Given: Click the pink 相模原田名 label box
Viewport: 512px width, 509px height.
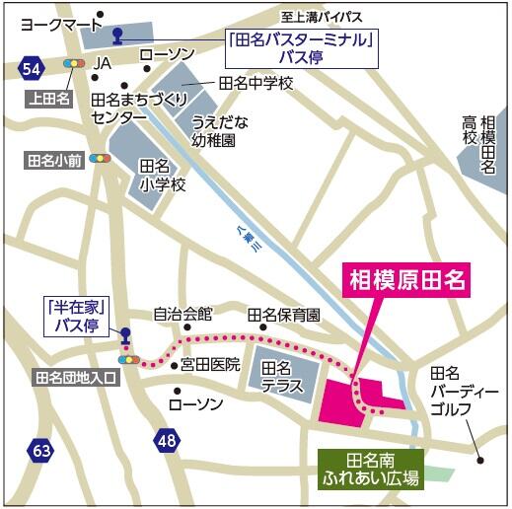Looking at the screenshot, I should coord(405,280).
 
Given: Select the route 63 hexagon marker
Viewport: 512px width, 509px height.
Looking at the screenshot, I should coord(40,451).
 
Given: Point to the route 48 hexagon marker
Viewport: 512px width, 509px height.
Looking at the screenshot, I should coord(167,437).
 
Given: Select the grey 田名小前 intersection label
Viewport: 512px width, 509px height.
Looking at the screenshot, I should coord(55,158).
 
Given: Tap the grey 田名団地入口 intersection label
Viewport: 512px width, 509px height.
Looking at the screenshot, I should coord(75,377).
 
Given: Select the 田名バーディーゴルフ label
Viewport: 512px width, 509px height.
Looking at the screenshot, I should coord(457,390).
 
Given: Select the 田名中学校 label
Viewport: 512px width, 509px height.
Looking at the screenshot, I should coord(256,84).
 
